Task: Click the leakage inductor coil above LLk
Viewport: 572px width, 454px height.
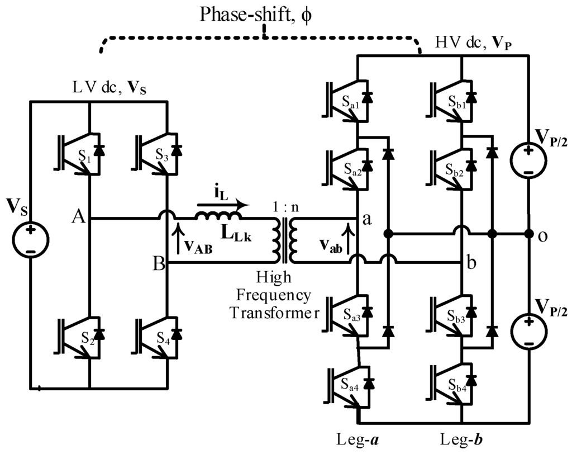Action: (218, 217)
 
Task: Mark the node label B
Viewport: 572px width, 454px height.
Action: (159, 263)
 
